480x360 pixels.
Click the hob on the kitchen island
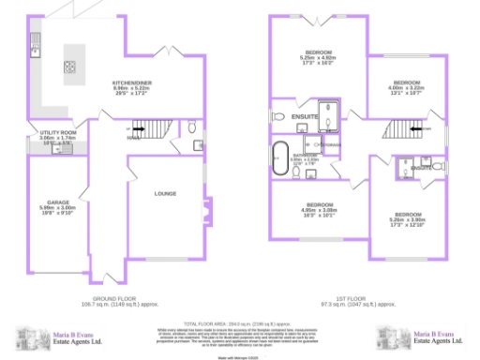pos(69,67)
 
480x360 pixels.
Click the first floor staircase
pos(406,129)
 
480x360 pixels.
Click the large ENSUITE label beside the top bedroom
pos(305,116)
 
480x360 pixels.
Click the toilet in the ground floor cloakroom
pos(191,127)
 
